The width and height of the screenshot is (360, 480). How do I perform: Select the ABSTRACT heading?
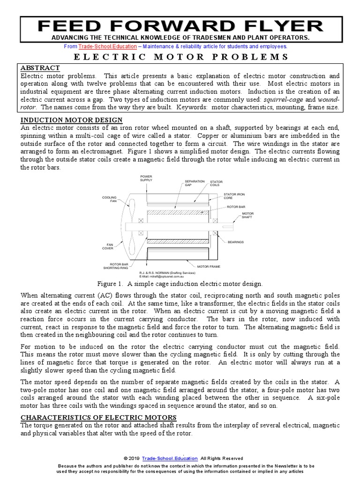[40, 68]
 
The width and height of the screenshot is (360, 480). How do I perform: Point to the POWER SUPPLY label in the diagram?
[146, 178]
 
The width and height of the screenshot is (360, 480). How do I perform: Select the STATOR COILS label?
[216, 183]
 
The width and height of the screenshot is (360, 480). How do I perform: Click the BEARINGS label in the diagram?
[236, 242]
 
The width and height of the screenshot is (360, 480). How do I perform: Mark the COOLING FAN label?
[109, 199]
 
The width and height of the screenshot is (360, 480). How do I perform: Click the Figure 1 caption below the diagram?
[180, 284]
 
